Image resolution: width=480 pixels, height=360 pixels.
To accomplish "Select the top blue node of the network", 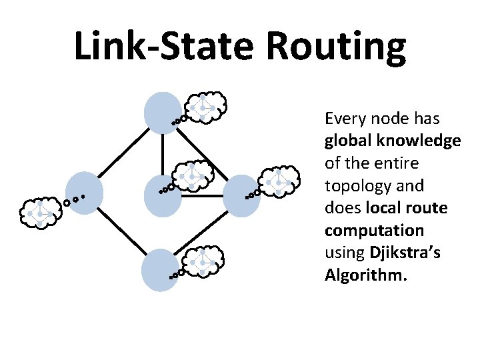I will point(163,112).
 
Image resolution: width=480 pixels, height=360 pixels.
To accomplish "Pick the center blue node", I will point(163,196).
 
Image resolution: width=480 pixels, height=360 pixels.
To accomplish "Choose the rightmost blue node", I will point(241,196).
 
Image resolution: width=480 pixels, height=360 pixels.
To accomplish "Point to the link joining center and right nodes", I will point(202,197).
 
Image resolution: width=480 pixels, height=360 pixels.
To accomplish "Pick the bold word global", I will point(349,141).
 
